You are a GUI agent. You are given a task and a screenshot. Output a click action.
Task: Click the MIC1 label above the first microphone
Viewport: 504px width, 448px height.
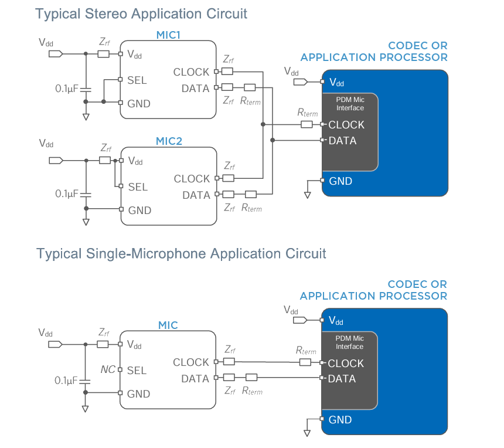pos(168,35)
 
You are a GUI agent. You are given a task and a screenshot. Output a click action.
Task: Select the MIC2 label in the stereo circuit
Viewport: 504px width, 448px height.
pos(169,141)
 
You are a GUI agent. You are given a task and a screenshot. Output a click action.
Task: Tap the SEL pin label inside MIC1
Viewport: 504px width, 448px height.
pos(137,80)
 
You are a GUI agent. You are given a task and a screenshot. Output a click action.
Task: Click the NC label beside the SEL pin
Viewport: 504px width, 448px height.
pos(108,370)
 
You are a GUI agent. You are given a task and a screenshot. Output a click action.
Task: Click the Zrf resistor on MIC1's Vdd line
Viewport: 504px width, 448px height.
pos(103,54)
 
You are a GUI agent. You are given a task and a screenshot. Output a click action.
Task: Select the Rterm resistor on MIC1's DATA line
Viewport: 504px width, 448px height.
pos(250,88)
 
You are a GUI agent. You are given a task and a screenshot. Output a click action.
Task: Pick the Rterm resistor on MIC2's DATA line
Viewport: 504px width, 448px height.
pos(251,194)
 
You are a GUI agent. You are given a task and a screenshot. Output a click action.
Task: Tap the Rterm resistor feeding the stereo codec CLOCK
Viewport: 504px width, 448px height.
pos(307,124)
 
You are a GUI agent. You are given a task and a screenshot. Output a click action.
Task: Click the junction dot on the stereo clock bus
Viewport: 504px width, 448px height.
pos(263,124)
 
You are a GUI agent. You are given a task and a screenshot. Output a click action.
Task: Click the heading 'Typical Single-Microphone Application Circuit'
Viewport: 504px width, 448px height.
pos(181,254)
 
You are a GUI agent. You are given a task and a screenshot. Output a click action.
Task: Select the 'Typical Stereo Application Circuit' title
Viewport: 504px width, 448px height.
pos(141,13)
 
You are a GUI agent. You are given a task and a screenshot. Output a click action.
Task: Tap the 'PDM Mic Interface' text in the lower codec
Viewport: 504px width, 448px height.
pos(349,342)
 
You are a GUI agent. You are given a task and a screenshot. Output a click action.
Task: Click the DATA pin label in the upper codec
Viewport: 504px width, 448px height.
pos(342,141)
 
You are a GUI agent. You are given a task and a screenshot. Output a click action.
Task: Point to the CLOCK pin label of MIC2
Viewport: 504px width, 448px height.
pos(192,179)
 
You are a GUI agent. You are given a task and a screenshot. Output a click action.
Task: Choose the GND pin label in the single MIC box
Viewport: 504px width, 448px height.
pos(139,394)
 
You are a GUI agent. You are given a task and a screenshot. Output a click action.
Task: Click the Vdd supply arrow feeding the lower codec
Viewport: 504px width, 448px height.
pos(299,320)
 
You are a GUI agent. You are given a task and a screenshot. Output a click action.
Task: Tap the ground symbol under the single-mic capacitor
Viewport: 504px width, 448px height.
pos(86,408)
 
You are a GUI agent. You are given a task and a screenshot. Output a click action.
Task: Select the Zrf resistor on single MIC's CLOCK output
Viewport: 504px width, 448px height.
pos(229,362)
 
